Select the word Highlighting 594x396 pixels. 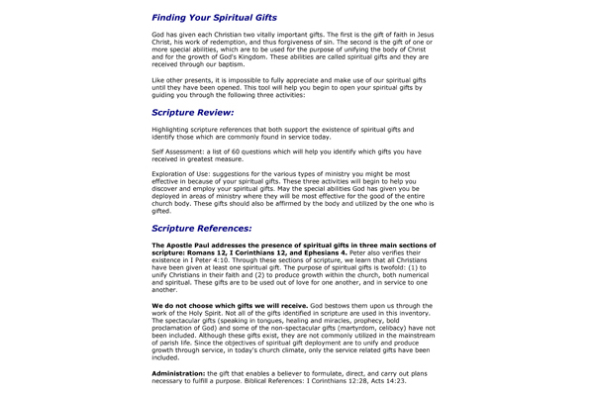[174, 130]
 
